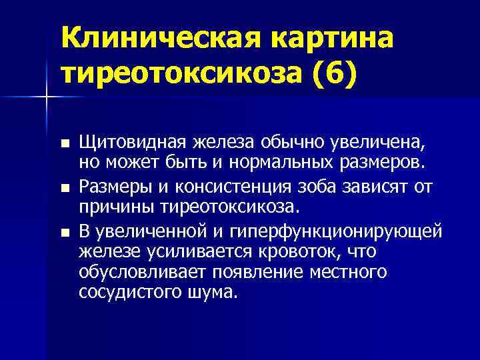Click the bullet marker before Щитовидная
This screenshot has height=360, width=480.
(x=63, y=143)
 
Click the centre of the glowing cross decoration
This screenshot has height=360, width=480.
(x=45, y=97)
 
